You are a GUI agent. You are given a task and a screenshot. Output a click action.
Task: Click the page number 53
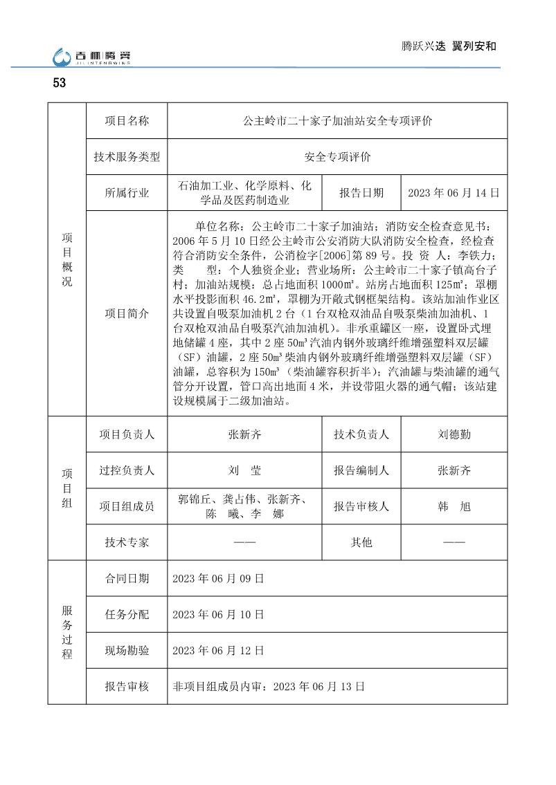59,83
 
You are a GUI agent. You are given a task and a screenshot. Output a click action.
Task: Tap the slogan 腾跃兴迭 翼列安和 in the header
449,46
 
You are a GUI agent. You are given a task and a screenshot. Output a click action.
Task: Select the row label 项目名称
127,121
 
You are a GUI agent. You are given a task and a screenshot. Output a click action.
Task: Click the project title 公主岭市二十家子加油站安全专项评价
338,121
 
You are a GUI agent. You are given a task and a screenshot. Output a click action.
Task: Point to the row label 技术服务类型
127,157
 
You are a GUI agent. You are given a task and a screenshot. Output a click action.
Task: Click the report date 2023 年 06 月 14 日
454,193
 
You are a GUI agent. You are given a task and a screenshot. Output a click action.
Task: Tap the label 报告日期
361,193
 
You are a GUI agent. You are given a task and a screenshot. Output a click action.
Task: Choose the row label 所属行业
127,193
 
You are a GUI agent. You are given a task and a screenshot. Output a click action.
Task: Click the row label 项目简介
127,313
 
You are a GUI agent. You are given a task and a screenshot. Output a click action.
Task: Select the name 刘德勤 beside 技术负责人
454,434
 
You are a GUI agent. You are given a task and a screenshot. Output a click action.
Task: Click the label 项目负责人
127,434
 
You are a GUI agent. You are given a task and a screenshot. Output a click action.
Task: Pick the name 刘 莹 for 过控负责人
244,470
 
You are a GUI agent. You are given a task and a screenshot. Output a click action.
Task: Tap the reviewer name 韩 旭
454,506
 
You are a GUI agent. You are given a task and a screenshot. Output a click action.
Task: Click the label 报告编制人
361,470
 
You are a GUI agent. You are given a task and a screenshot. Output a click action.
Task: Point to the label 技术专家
127,542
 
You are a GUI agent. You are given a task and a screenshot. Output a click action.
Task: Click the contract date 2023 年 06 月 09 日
218,578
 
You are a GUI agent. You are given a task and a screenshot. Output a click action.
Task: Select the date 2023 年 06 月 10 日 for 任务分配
218,614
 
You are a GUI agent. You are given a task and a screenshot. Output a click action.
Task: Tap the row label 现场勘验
127,650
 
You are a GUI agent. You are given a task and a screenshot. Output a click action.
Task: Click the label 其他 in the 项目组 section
361,542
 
